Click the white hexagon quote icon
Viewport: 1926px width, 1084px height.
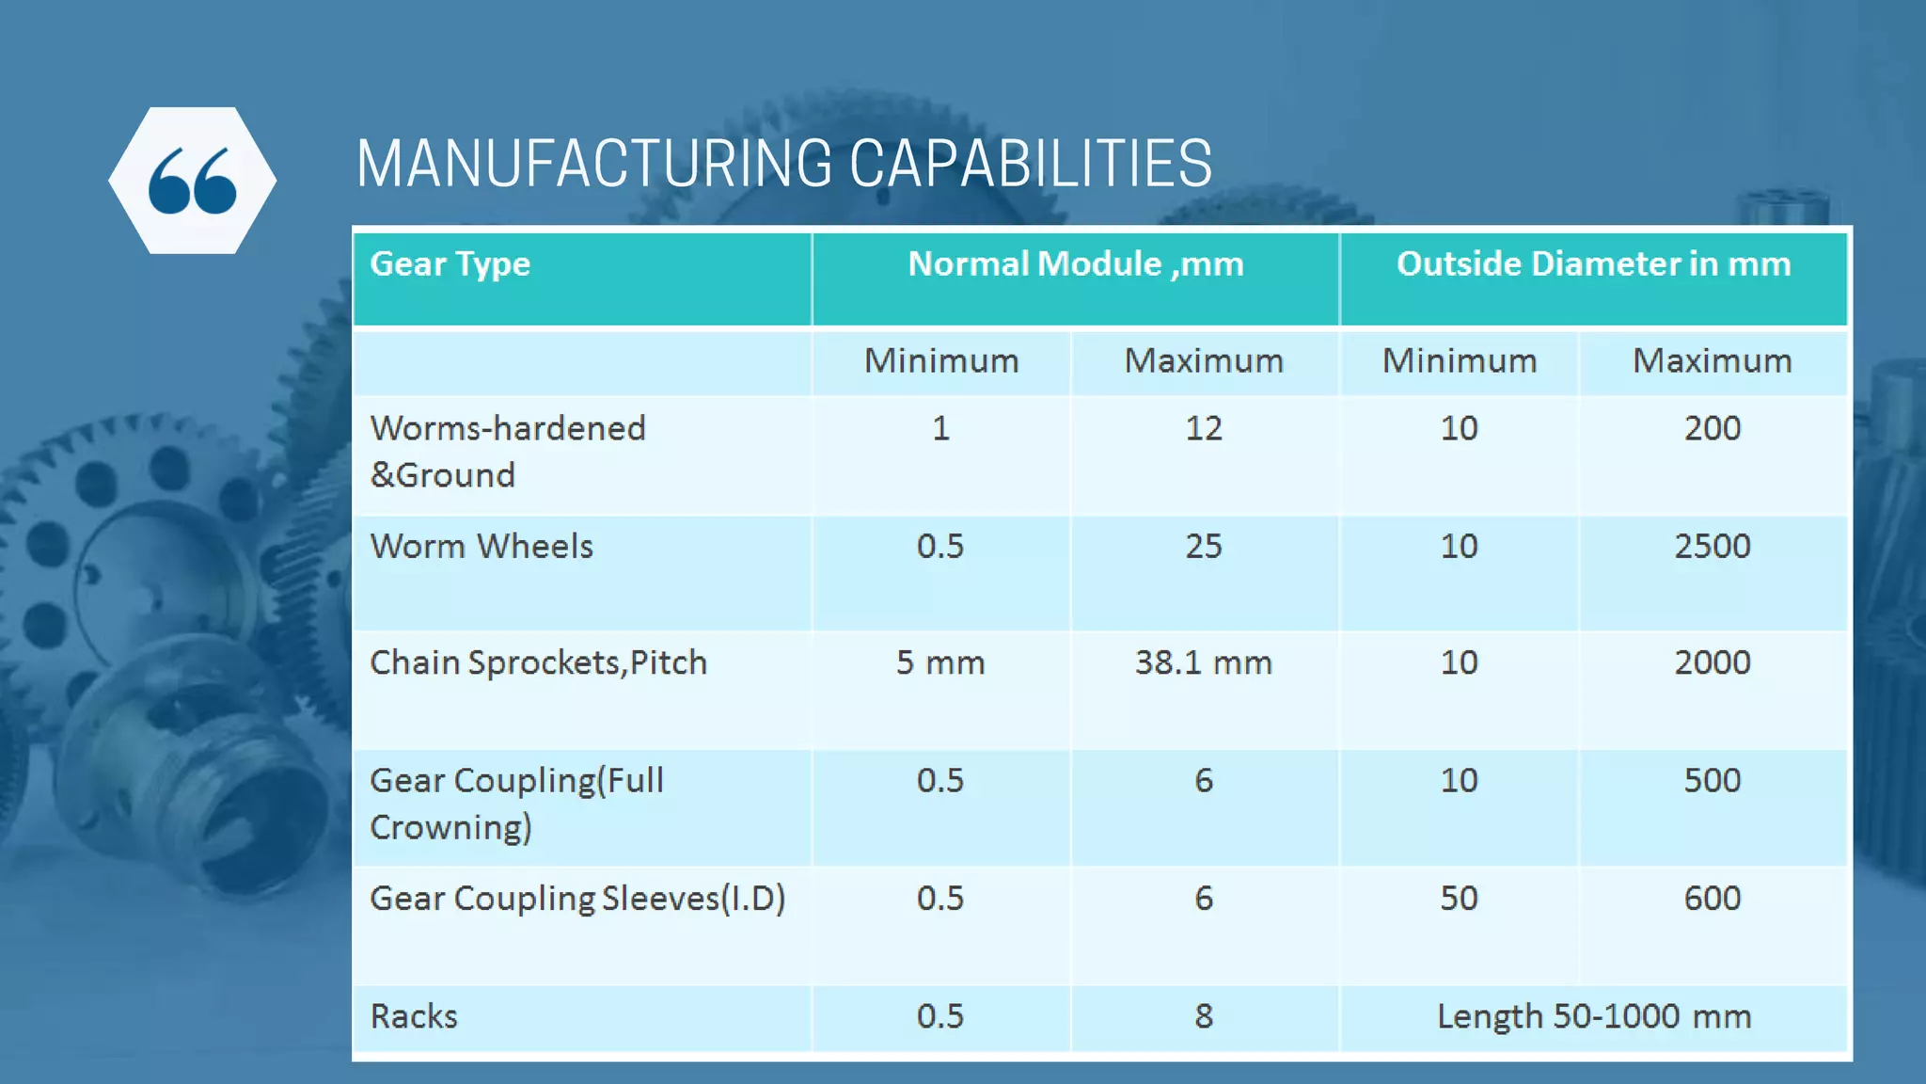192,180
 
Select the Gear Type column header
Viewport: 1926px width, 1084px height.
450,264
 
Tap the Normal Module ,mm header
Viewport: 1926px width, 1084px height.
1075,264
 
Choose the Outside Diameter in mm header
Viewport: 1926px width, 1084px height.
1593,264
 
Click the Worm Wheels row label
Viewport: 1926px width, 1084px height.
481,547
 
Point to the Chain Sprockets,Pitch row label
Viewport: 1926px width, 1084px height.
538,663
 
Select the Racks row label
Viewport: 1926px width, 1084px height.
414,1016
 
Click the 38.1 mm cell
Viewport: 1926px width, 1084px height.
1203,663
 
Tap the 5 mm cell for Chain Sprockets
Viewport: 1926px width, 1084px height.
939,663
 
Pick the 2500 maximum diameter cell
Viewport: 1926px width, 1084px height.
1712,547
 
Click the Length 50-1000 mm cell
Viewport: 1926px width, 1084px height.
1593,1016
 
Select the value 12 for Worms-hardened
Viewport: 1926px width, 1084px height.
1203,429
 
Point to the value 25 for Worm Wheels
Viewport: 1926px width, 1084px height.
1203,547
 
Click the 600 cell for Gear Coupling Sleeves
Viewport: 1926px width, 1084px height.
1712,899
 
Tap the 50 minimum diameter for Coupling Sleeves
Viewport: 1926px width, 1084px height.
1459,899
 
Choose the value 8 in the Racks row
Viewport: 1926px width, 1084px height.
1203,1016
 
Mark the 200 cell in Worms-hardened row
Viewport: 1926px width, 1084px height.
1712,429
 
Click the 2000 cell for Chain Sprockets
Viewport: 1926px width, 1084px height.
1712,663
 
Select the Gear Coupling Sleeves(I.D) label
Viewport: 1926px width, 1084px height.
577,899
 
